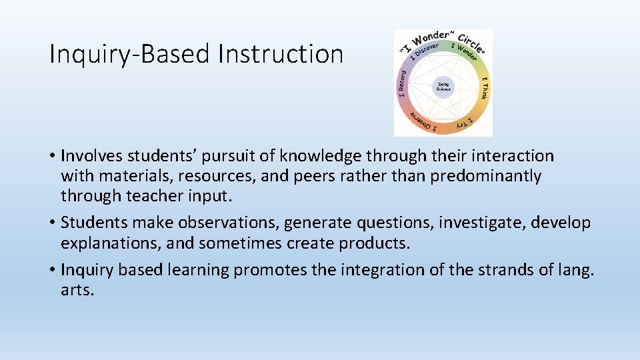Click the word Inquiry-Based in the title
tap(131, 55)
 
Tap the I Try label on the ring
tap(465, 123)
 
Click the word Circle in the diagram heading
tap(472, 42)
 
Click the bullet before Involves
tap(53, 157)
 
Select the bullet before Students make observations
tap(53, 223)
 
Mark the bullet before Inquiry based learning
tap(53, 271)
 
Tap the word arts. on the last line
tap(77, 291)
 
